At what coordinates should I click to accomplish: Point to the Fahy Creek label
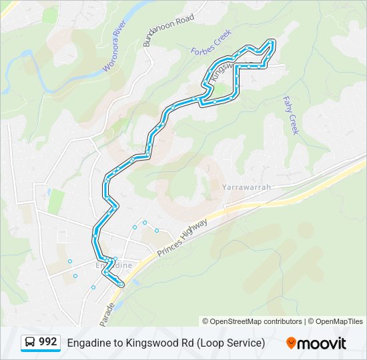coord(292,115)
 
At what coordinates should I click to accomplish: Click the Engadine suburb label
coord(114,265)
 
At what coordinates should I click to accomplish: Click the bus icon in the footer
coord(30,343)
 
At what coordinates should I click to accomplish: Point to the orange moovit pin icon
coord(292,343)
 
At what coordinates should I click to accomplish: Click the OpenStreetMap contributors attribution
coord(256,321)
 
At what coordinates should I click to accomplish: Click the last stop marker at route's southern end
coord(121,285)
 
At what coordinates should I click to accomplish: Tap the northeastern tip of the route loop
coord(272,41)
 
